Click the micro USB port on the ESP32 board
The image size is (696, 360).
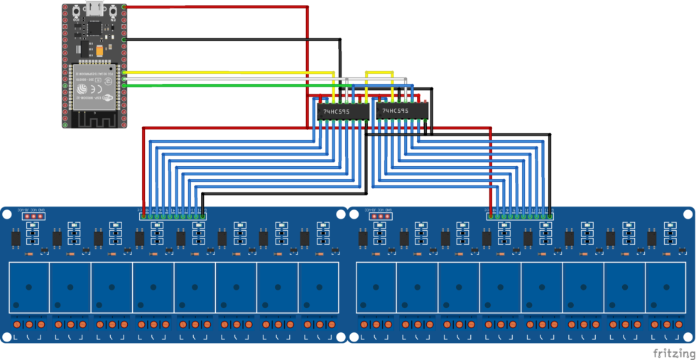[x=94, y=9]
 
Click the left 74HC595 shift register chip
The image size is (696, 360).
[x=342, y=111]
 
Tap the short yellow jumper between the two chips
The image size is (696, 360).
[x=379, y=72]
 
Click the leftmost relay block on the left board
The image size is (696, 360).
[x=28, y=287]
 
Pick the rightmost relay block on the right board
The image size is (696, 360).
[x=665, y=287]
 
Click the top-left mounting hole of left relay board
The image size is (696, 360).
[x=6, y=214]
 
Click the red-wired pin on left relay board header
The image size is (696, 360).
[x=144, y=214]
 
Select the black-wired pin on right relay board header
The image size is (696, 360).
[x=550, y=214]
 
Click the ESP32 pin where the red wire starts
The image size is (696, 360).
[x=125, y=7]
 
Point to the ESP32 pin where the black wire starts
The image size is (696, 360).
[x=125, y=39]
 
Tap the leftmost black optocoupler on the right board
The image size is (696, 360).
[x=363, y=239]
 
